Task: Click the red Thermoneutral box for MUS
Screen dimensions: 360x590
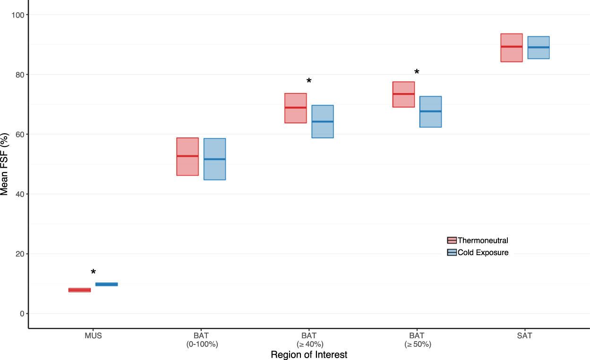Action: (79, 290)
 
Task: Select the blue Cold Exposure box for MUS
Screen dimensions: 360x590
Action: (106, 284)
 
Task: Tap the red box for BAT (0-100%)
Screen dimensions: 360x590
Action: (187, 156)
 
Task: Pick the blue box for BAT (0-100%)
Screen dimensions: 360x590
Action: (214, 159)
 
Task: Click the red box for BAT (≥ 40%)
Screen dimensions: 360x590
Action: (295, 108)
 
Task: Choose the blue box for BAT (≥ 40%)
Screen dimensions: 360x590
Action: (323, 121)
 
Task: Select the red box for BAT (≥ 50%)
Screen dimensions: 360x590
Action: (403, 94)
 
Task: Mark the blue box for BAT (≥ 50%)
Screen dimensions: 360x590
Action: (430, 111)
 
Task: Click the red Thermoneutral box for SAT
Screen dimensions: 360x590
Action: (511, 48)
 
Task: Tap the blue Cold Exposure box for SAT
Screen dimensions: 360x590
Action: (539, 48)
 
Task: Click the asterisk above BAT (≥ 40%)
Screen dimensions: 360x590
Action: (309, 81)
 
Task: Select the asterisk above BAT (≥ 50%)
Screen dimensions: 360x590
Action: (417, 72)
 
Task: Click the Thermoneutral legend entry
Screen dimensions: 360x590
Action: (477, 240)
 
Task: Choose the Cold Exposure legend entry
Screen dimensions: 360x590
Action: (477, 253)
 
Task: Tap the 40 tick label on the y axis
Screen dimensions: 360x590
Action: (19, 194)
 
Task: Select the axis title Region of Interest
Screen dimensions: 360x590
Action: (309, 355)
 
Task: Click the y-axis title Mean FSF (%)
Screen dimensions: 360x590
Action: (5, 164)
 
